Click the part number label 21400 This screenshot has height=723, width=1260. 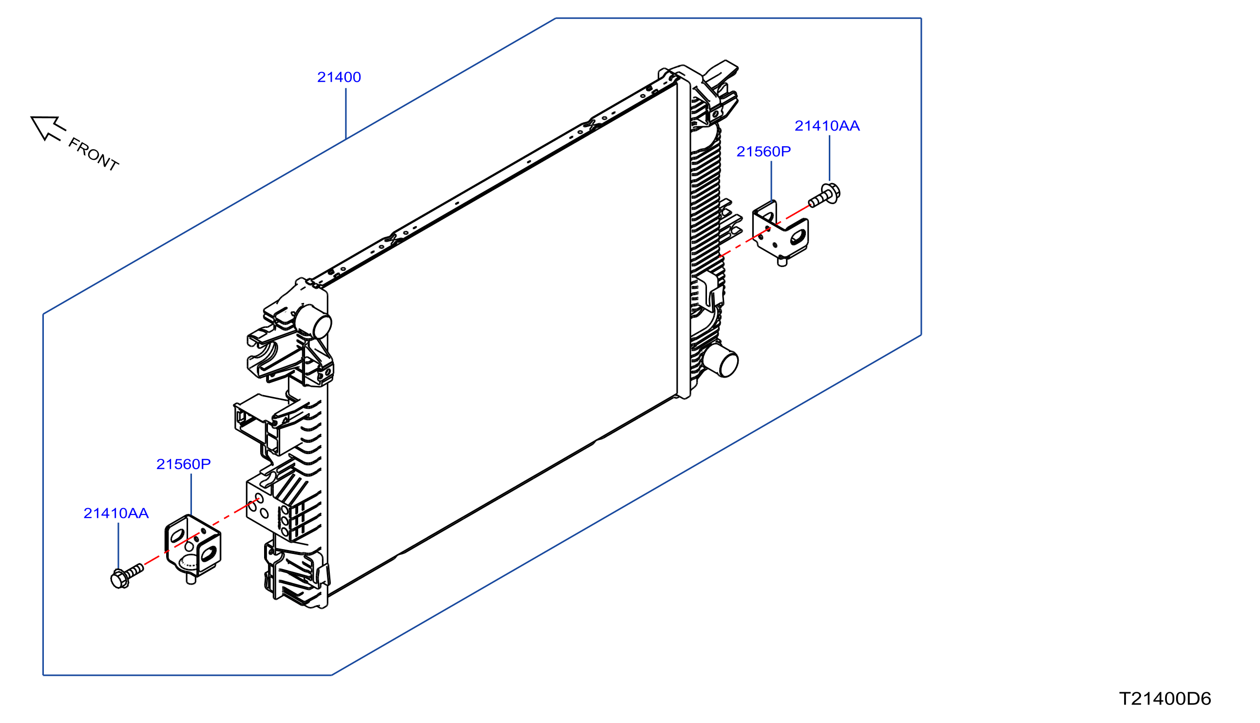pyautogui.click(x=339, y=77)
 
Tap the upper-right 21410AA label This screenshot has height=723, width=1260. pyautogui.click(x=827, y=126)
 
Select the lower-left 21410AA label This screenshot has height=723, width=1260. pyautogui.click(x=116, y=513)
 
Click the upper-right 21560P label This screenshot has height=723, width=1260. pyautogui.click(x=764, y=152)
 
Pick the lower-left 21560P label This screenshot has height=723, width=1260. pyautogui.click(x=184, y=464)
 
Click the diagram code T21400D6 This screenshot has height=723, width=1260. pyautogui.click(x=1165, y=699)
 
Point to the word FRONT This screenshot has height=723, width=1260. pyautogui.click(x=94, y=154)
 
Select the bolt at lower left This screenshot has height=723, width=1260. pyautogui.click(x=127, y=576)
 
